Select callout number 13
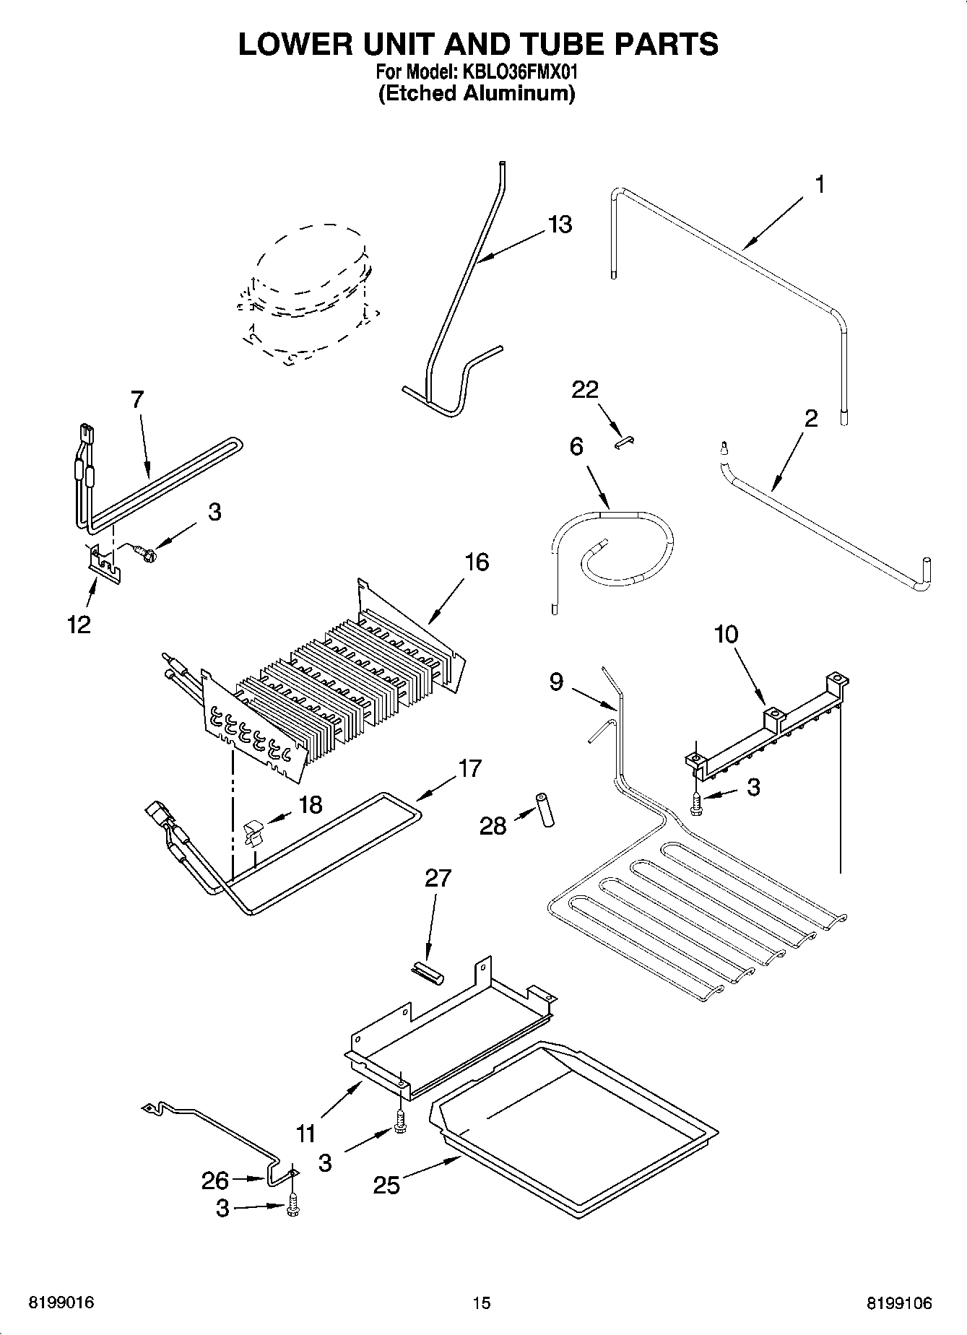click(x=560, y=225)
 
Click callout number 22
click(x=585, y=390)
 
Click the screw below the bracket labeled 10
click(x=696, y=803)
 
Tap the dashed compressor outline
click(x=307, y=296)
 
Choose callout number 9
click(x=555, y=681)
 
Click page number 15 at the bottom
click(x=482, y=1303)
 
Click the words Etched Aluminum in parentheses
click(x=477, y=94)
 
